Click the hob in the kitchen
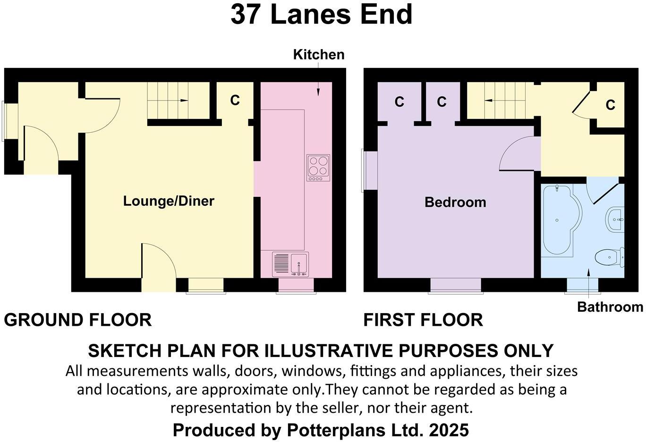coord(318,168)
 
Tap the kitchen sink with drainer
coord(290,264)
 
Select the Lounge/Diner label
coord(169,201)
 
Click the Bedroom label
coord(455,203)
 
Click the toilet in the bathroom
coord(609,258)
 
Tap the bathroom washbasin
coord(614,220)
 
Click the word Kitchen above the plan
coord(319,55)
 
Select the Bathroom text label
coord(610,307)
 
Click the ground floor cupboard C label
coord(235,101)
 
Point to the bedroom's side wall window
coord(364,170)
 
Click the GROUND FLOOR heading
coord(77,320)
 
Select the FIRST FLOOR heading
coord(423,320)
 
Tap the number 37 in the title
coord(246,15)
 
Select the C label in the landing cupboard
coord(610,105)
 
